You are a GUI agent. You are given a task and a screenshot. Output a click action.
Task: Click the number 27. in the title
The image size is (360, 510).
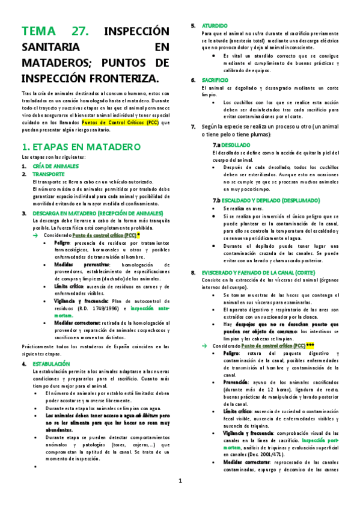point(79,32)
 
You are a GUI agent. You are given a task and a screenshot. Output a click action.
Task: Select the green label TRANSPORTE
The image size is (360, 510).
point(49,174)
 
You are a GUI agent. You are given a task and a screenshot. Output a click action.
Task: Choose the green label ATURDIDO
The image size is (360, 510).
point(215,26)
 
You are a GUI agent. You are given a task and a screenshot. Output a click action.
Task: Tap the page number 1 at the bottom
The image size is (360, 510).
point(180,481)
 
